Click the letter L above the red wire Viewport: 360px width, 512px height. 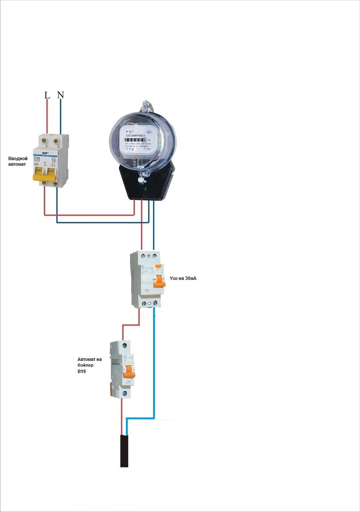(47, 95)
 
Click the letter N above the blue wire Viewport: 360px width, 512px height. (60, 95)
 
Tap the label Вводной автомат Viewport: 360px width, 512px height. (18, 161)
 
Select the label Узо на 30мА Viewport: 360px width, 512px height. (183, 278)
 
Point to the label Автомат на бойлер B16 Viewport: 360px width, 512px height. (89, 365)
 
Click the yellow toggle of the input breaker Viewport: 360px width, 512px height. (44, 175)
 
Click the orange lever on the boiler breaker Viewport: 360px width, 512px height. (129, 371)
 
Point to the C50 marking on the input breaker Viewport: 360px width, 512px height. (37, 159)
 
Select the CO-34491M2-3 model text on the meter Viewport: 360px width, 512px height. (135, 135)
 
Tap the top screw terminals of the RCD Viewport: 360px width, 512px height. (149, 256)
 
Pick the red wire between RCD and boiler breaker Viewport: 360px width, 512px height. (131, 325)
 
